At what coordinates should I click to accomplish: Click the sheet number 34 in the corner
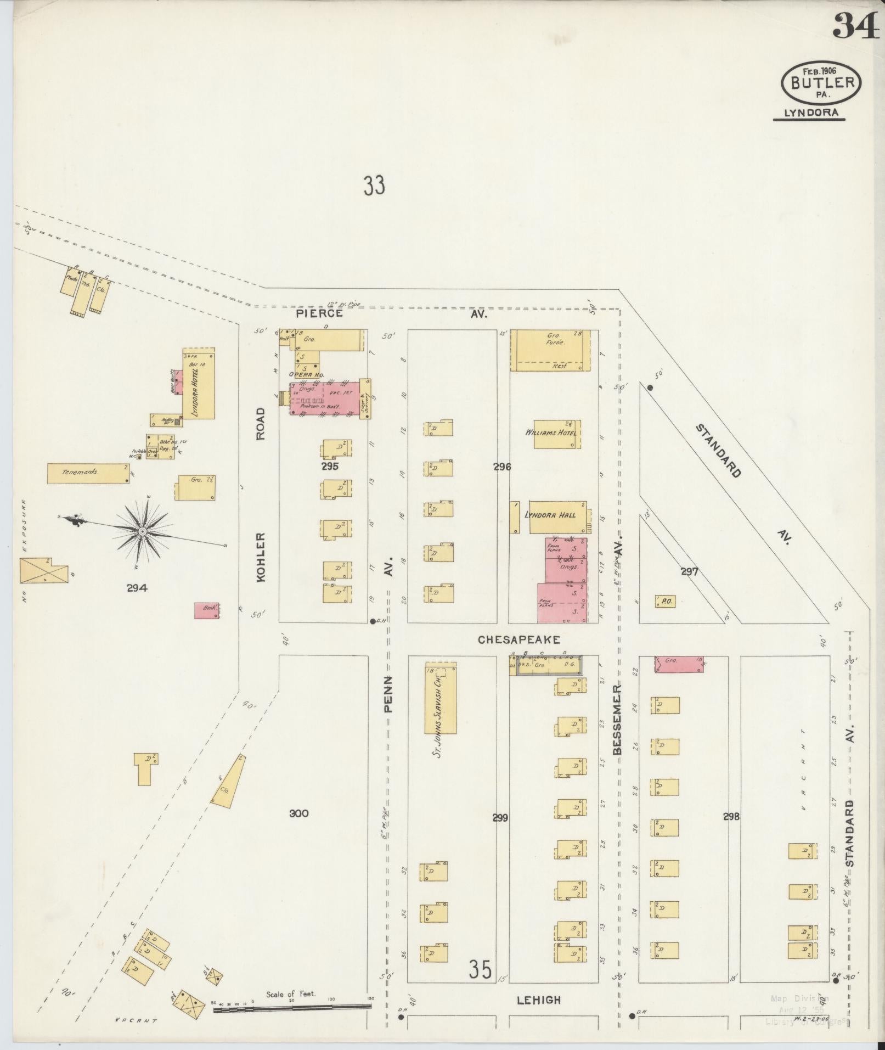856,25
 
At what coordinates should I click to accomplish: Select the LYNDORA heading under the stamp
809,113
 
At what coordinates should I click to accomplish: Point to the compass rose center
142,532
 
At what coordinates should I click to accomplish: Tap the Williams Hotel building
557,434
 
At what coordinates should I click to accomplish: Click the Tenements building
88,473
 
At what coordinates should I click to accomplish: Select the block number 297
689,571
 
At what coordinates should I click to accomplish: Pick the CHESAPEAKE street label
518,639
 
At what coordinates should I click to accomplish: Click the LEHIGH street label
538,1000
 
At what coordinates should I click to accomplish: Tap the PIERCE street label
319,313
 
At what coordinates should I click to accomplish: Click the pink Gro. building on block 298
679,664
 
